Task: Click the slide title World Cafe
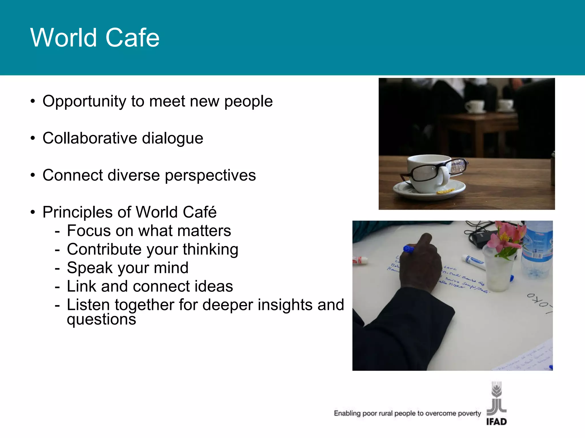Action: pos(95,38)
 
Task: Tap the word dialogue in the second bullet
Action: pos(173,138)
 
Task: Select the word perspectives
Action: pos(210,175)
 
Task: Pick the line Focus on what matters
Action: pos(149,231)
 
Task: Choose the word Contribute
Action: pos(104,249)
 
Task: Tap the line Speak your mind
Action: pos(127,268)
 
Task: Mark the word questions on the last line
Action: pos(101,319)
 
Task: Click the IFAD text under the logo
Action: pos(496,422)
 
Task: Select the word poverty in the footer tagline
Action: pos(469,413)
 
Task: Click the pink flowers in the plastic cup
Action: pos(507,238)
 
